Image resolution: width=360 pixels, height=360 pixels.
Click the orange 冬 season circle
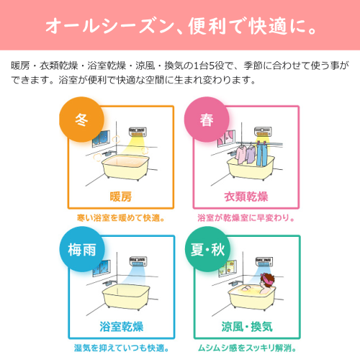(x=81, y=120)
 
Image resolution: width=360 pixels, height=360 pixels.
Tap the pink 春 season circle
(x=207, y=120)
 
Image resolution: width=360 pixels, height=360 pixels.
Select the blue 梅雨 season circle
(x=82, y=249)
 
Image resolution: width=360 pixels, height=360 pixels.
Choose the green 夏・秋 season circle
(x=207, y=249)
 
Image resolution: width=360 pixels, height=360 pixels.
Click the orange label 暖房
(x=121, y=197)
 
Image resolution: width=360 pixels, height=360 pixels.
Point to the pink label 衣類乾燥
(x=246, y=197)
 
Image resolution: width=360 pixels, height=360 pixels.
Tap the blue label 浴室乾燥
(x=122, y=327)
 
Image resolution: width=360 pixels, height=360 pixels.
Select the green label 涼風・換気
(x=247, y=327)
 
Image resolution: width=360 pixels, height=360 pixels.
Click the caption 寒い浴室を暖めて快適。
(x=121, y=218)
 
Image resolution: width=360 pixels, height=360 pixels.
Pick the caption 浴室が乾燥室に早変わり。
(x=246, y=218)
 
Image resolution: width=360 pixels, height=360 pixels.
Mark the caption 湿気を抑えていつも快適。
(x=122, y=348)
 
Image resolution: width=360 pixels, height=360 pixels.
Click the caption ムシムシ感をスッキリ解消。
(x=247, y=348)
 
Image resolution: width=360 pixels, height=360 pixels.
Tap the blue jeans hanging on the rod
(x=262, y=154)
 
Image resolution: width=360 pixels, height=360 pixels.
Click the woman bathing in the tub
(x=266, y=284)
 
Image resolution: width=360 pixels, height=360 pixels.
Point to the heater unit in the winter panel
(x=138, y=132)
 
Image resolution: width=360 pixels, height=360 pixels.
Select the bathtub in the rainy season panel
(x=126, y=297)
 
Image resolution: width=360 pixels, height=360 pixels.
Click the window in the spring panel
(x=226, y=138)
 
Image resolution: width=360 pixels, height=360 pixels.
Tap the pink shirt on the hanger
(x=240, y=155)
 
